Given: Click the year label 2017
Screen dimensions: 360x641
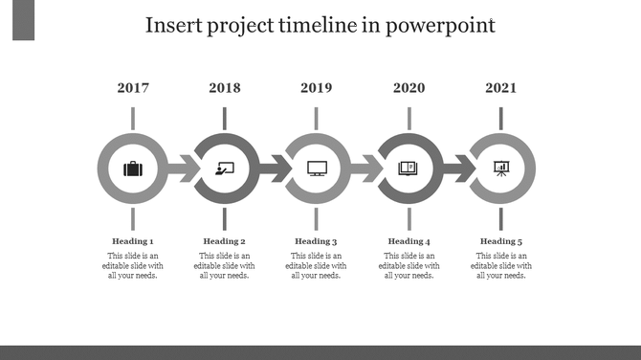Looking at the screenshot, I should [133, 88].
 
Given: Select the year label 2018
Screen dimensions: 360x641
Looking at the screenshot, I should [225, 88].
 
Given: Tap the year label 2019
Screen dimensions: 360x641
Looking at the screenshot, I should [317, 88].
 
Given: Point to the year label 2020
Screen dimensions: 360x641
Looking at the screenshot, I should [409, 88].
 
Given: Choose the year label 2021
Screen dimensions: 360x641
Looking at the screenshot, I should [500, 88].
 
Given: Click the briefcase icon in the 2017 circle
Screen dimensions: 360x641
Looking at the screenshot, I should [133, 169].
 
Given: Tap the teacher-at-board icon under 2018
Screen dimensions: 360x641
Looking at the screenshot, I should [225, 169].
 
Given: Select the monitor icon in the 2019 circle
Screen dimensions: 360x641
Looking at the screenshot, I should [317, 169].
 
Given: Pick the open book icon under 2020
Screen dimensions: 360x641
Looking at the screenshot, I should [409, 169].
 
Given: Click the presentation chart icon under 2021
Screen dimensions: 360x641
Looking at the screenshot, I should [500, 169].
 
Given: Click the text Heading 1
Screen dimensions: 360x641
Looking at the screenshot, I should [133, 241].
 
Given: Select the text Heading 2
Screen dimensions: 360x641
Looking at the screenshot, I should [225, 241].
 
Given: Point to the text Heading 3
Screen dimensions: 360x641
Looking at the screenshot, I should [317, 241].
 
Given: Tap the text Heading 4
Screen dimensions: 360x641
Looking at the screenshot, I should [409, 241].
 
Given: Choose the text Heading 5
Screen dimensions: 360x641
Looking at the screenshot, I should [500, 241].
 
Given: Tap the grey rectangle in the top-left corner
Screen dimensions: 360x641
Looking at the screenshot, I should [24, 21].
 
